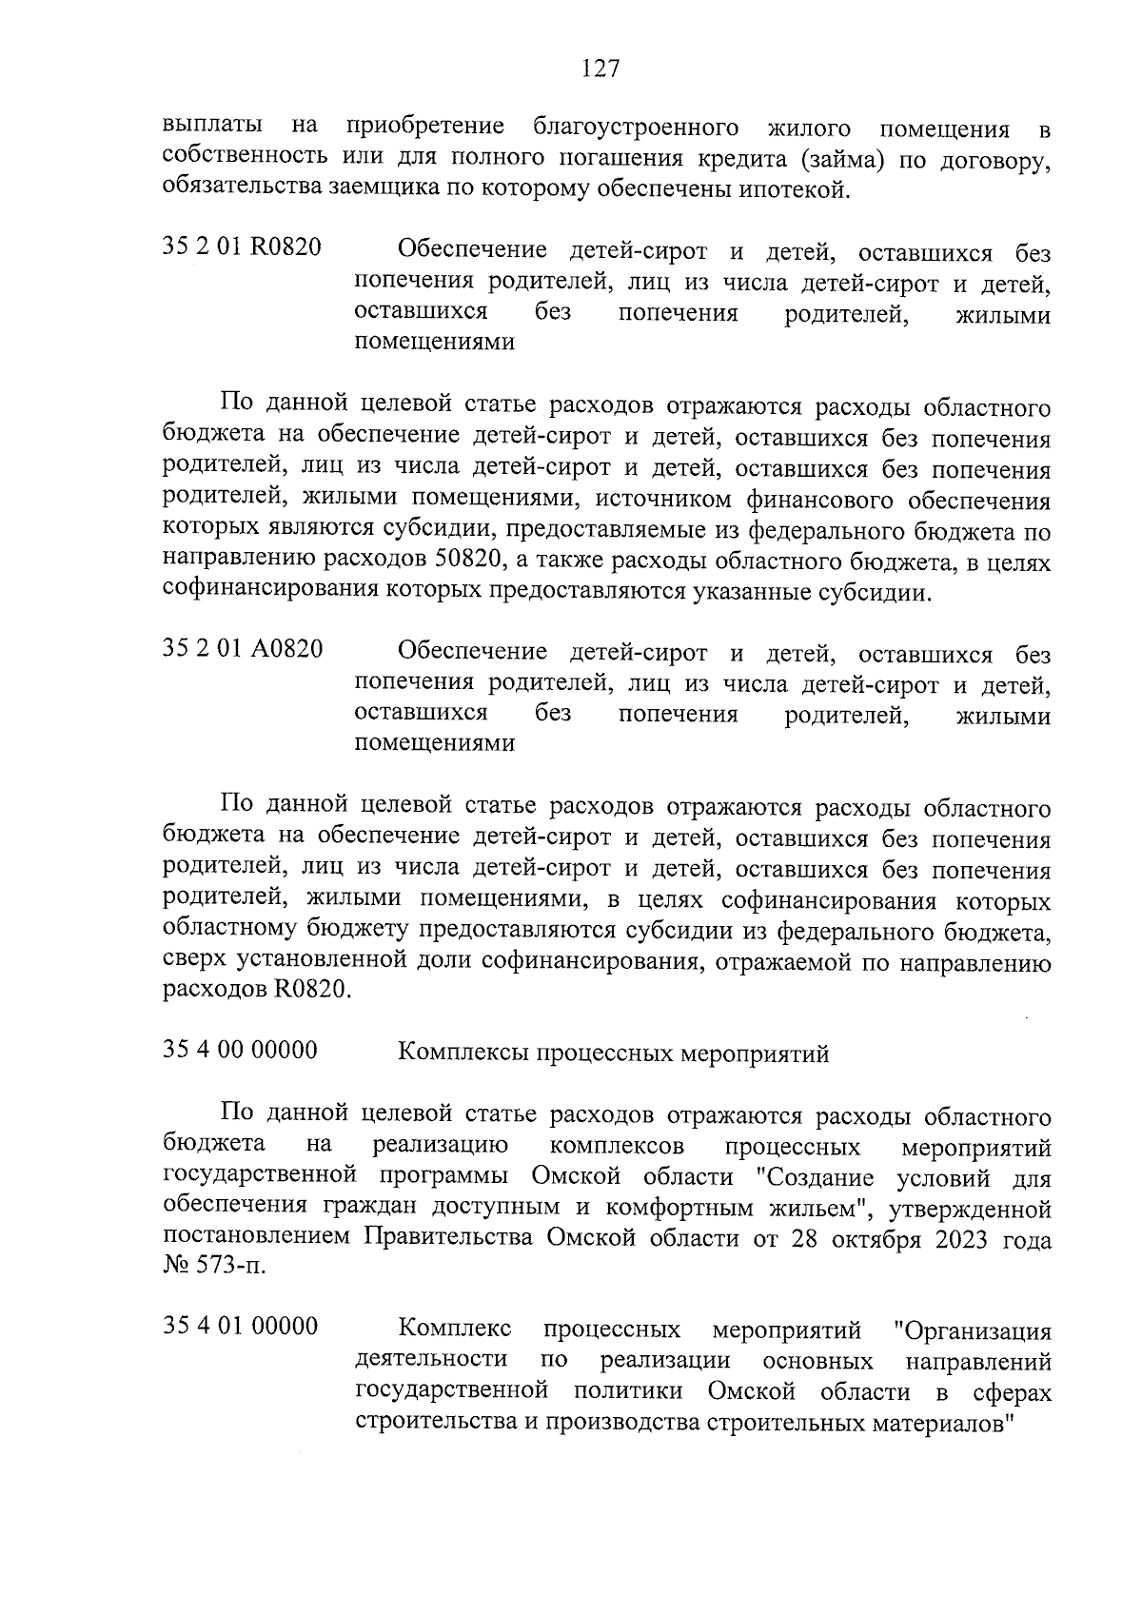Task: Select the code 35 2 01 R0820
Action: click(242, 249)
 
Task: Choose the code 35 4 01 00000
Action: click(240, 1326)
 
